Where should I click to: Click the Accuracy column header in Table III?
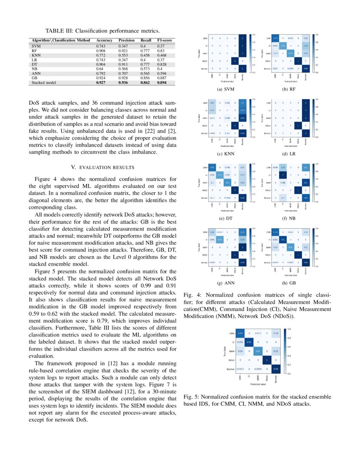[x=104, y=40]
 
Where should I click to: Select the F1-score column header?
[x=165, y=40]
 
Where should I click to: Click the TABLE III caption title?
[x=102, y=31]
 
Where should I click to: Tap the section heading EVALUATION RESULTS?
[x=102, y=167]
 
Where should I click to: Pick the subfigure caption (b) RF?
[x=291, y=90]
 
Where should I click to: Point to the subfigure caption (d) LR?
[x=291, y=154]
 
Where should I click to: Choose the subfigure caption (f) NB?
[x=291, y=219]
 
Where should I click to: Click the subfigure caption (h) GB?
[x=291, y=283]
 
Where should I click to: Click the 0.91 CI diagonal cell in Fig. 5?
[x=249, y=342]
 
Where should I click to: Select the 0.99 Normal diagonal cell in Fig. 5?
[x=276, y=369]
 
